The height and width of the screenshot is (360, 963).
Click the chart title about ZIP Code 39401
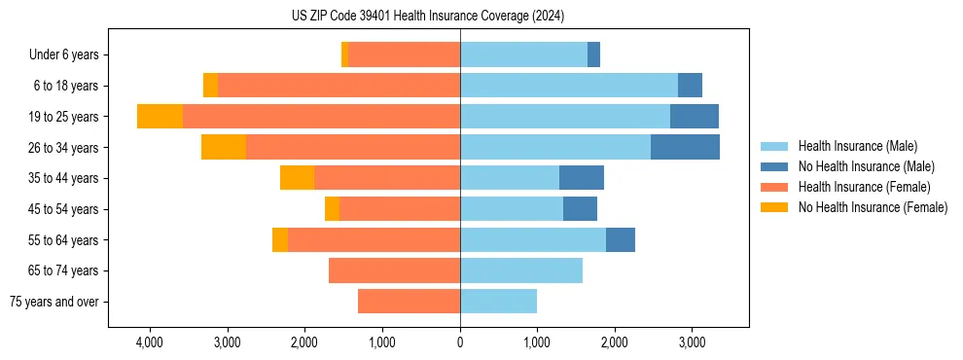pyautogui.click(x=427, y=16)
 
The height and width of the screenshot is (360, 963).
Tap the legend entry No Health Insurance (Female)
pyautogui.click(x=873, y=207)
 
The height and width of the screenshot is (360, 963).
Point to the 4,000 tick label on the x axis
pyautogui.click(x=150, y=343)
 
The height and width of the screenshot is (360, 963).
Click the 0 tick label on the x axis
pyautogui.click(x=460, y=343)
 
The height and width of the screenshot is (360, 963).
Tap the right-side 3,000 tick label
pyautogui.click(x=692, y=343)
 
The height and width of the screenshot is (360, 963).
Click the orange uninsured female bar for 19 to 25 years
pyautogui.click(x=160, y=117)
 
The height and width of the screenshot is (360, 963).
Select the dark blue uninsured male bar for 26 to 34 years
pyautogui.click(x=685, y=148)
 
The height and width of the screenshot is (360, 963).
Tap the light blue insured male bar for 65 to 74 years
pyautogui.click(x=521, y=270)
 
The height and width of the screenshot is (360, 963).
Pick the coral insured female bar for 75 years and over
pyautogui.click(x=409, y=302)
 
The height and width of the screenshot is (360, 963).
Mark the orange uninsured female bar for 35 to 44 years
pyautogui.click(x=297, y=178)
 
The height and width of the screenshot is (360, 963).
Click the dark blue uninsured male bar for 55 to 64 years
pyautogui.click(x=620, y=240)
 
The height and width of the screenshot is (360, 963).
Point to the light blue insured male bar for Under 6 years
pyautogui.click(x=523, y=55)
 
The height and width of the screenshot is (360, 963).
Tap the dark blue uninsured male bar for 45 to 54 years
pyautogui.click(x=580, y=209)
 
